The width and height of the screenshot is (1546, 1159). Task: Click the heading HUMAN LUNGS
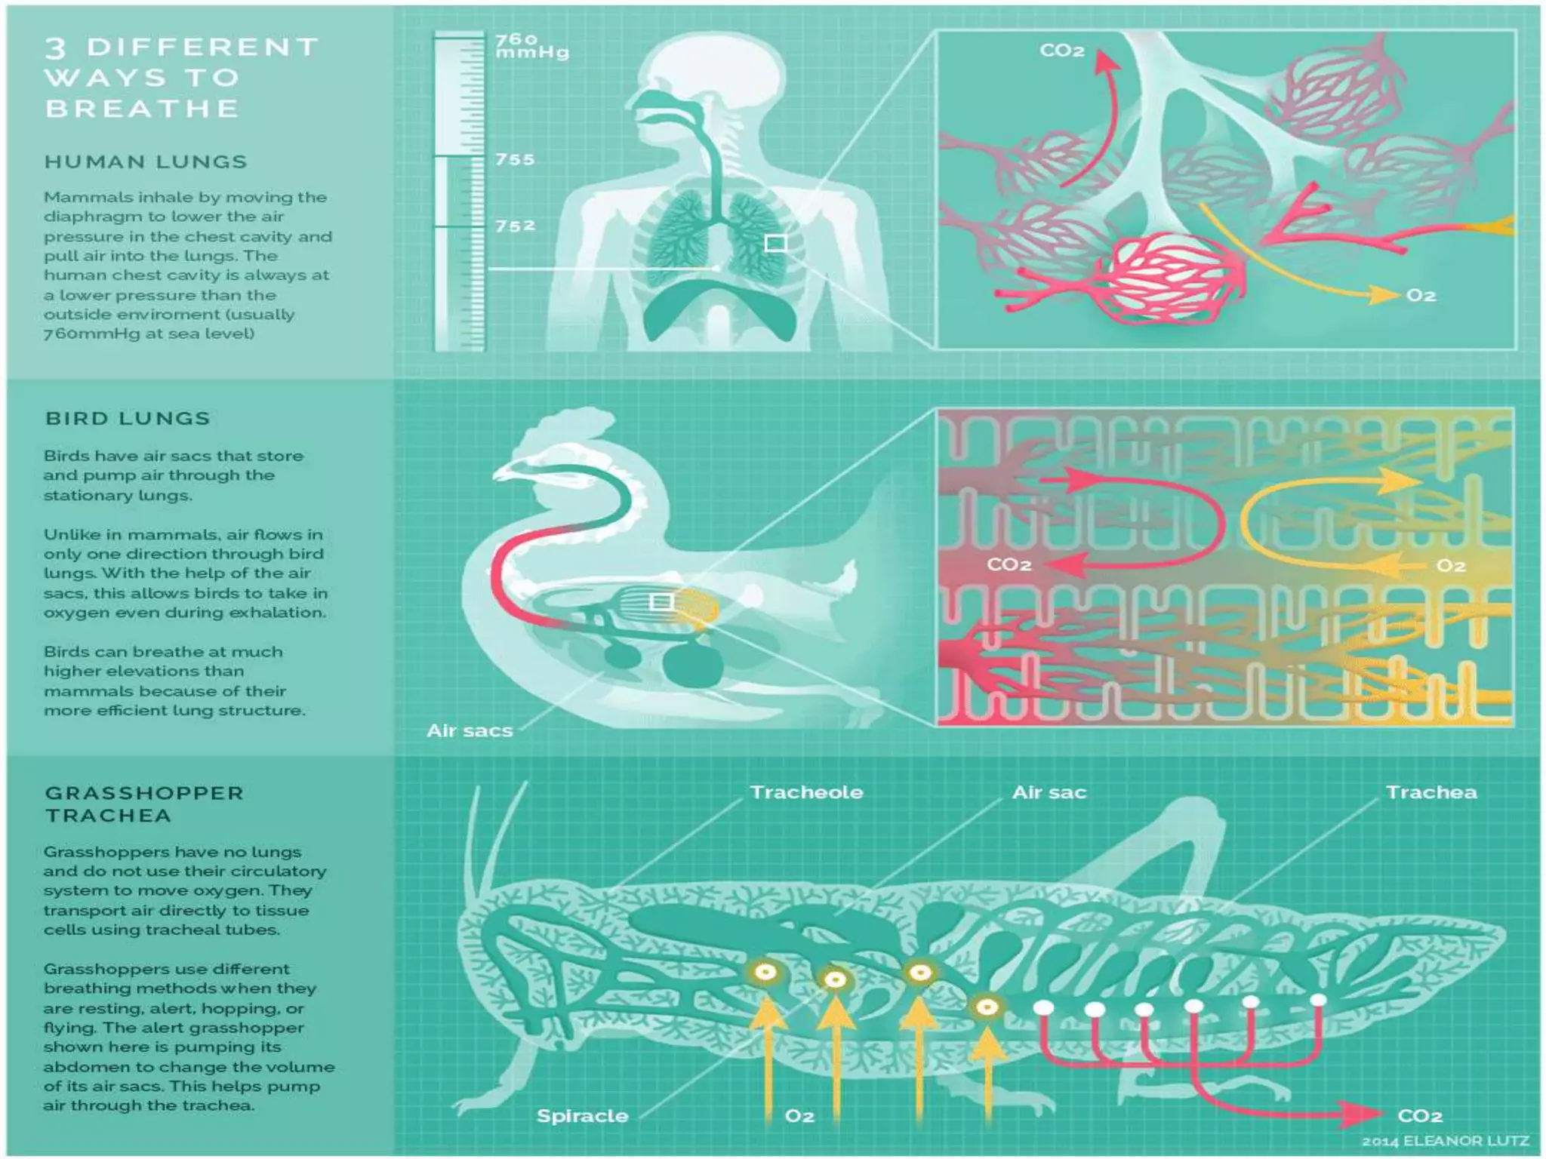[146, 162]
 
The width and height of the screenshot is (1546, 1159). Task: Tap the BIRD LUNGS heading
[128, 419]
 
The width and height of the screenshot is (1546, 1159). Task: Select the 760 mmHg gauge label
[531, 45]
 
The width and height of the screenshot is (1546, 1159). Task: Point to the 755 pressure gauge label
[515, 160]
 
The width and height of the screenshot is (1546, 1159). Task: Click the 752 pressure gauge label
[515, 226]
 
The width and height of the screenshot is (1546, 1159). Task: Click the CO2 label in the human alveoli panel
[1061, 51]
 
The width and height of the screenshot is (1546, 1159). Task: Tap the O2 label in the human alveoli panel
[1421, 295]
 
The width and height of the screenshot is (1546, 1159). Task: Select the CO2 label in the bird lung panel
[1009, 565]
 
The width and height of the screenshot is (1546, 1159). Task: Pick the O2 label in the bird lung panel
[1450, 566]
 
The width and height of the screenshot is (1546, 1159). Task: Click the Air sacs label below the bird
[470, 730]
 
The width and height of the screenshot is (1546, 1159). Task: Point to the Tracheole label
[806, 792]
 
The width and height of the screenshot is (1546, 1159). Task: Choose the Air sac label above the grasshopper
[1049, 792]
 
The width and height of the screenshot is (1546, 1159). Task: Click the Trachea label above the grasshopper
[1431, 792]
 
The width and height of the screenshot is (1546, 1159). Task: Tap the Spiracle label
[582, 1116]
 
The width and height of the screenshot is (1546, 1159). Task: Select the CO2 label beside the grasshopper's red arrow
[1420, 1116]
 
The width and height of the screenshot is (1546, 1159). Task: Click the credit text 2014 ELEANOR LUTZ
[1445, 1141]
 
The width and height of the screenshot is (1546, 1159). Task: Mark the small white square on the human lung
[776, 243]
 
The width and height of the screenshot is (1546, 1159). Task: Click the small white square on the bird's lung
[661, 601]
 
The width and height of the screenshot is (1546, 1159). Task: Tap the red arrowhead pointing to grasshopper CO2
[1363, 1114]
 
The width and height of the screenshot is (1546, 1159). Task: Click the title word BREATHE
[142, 109]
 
